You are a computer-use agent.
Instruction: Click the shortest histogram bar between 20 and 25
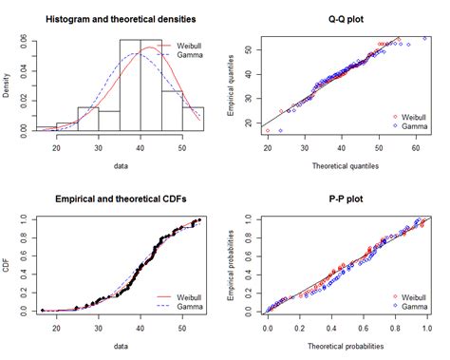click(66, 126)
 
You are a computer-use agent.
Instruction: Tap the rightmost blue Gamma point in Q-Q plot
click(424, 38)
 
